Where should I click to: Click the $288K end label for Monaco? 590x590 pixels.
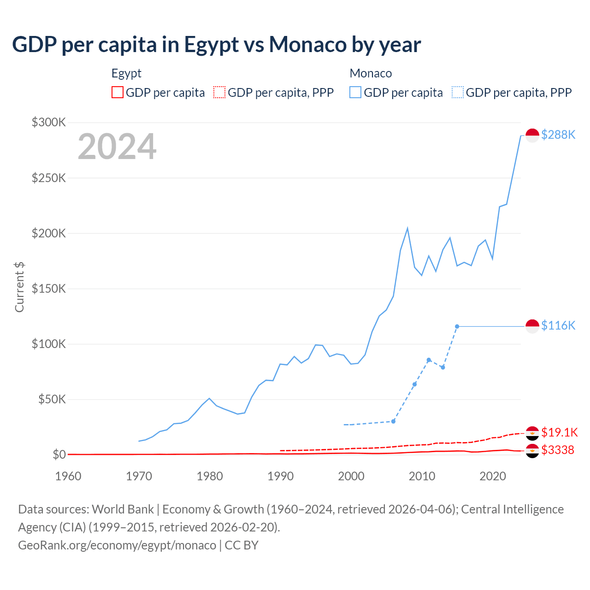coord(558,135)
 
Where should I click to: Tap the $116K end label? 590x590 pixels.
coord(558,325)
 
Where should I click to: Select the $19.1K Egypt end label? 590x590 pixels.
coord(559,432)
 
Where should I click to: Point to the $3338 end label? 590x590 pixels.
coord(558,450)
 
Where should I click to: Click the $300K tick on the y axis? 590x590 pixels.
coord(49,122)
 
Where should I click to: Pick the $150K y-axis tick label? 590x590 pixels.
coord(49,289)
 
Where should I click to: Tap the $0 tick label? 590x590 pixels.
coord(59,454)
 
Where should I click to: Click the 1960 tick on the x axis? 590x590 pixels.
coord(68,476)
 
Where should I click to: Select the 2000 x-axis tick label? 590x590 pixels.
coord(351,476)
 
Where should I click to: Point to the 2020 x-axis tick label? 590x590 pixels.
coord(493,476)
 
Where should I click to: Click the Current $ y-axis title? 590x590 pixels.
coord(19,287)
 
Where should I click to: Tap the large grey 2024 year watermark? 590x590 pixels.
coord(117,147)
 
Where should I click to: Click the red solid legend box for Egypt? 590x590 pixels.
coord(118,92)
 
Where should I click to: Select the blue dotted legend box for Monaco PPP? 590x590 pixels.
coord(458,92)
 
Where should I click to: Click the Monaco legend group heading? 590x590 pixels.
coord(371,73)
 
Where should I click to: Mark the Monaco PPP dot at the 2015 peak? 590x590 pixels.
coord(457,326)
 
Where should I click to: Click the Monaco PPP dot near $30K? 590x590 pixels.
coord(393,421)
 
